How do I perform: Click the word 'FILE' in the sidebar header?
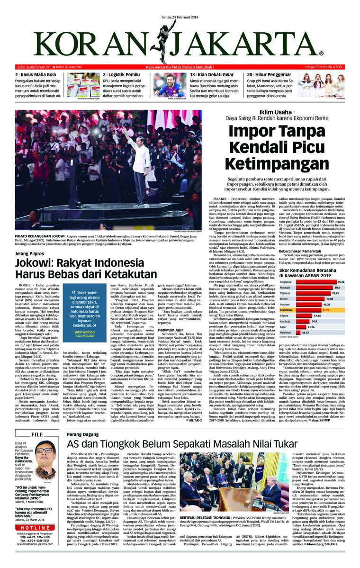coord(37,434)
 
